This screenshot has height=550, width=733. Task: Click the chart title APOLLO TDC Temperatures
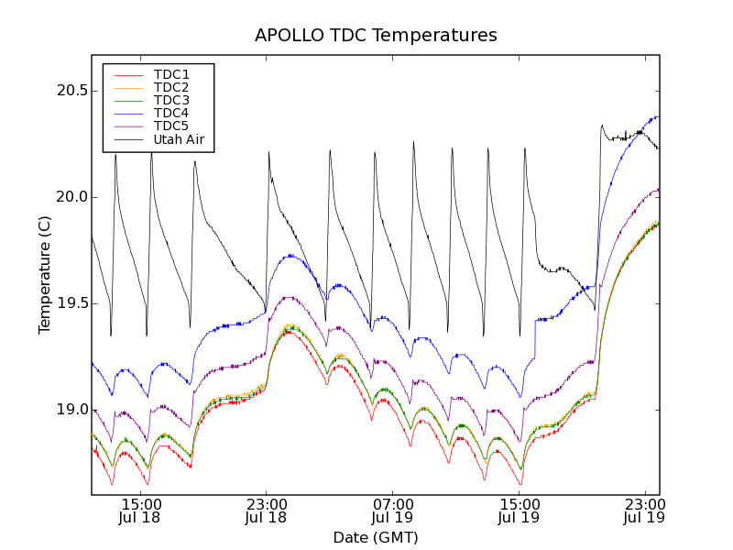coord(376,36)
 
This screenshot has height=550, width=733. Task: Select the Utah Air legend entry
coord(179,139)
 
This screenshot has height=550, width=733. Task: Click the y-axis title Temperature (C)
coord(44,275)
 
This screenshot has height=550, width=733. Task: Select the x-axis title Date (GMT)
coord(376,537)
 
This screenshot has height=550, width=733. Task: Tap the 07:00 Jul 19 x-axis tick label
coord(393,511)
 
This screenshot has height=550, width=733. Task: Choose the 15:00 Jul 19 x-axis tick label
coord(519,511)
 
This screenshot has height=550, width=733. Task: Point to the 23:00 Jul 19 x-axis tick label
coord(645,511)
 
